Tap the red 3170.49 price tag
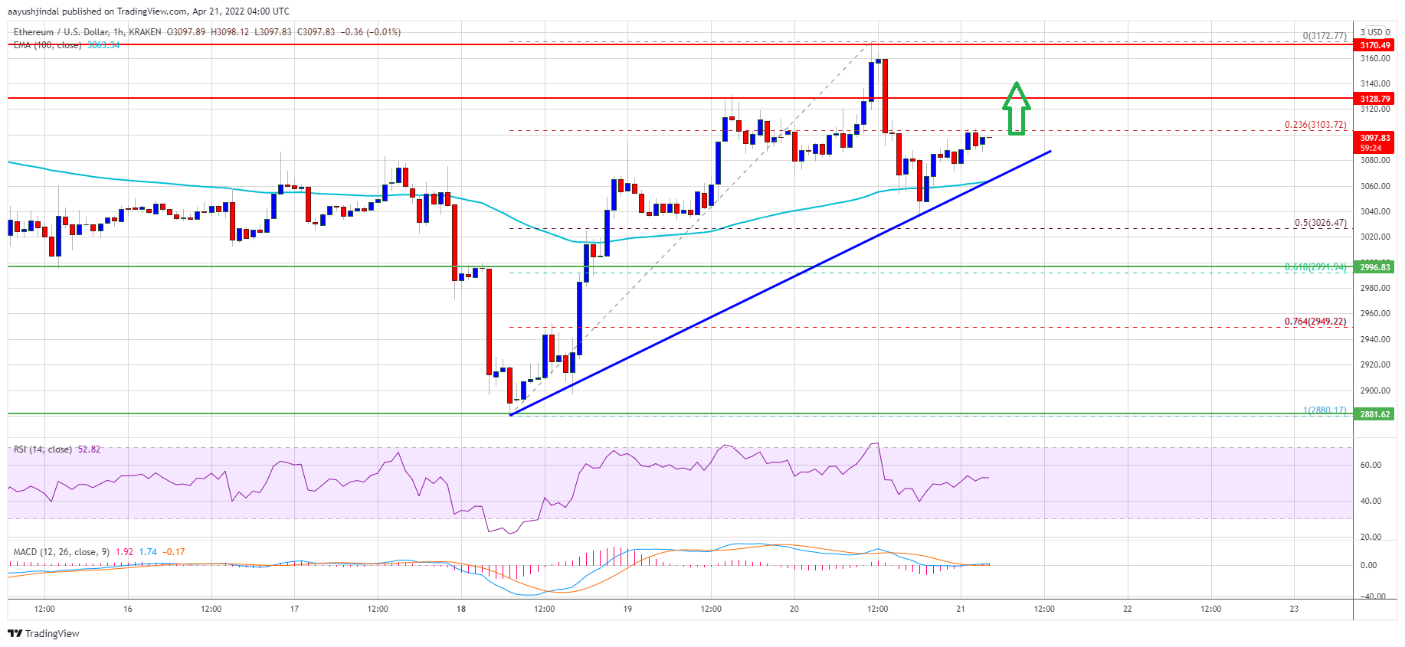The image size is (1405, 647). pos(1374,45)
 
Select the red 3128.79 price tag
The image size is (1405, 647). pos(1374,99)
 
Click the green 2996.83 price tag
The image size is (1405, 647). pos(1374,267)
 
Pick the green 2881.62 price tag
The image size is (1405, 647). pos(1374,414)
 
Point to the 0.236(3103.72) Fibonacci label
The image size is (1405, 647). pos(1315,125)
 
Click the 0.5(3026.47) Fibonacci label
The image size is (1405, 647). pos(1320,223)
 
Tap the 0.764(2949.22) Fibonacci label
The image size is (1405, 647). pos(1315,322)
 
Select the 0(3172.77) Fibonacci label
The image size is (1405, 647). pos(1325,36)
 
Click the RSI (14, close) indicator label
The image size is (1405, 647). pos(43,449)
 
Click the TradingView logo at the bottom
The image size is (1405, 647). pos(44,633)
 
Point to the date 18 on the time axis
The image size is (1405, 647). pos(461,609)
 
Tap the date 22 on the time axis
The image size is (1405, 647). pos(1127,609)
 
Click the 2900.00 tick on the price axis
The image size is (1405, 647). pos(1374,390)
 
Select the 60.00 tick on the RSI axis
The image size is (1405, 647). pos(1371,465)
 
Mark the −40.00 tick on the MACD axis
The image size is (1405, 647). pos(1371,596)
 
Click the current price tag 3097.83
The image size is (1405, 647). pos(1374,138)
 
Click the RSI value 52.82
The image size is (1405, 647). pos(89,449)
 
